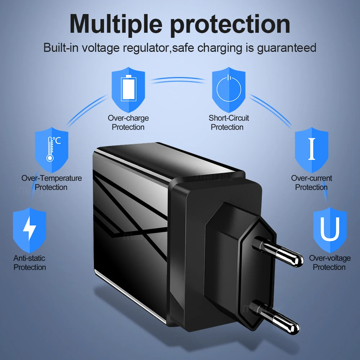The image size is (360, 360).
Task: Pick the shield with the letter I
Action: (311, 148)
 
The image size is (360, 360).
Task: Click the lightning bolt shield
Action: (30, 229)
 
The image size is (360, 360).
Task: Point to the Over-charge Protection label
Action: (128, 123)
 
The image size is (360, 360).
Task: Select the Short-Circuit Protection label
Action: (229, 123)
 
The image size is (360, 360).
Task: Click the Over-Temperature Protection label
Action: (51, 183)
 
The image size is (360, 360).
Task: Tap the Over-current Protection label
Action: (311, 183)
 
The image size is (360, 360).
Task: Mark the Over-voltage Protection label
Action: (329, 262)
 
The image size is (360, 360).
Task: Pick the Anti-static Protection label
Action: (30, 262)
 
